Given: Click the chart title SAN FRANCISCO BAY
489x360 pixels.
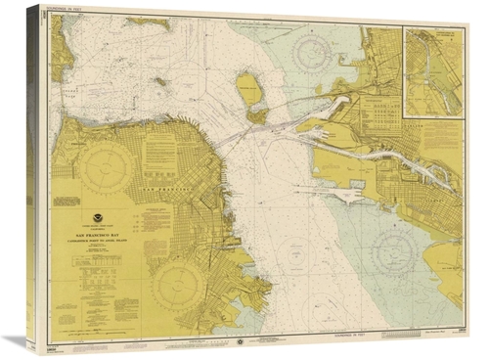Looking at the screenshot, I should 103,235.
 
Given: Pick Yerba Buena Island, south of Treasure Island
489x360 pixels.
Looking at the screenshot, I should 257,114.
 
